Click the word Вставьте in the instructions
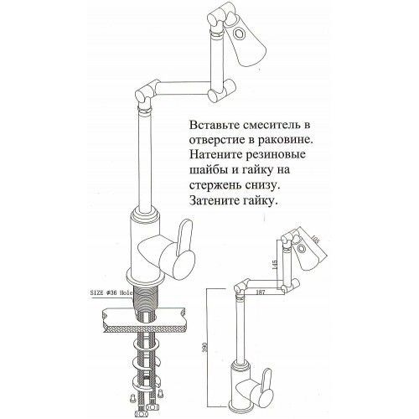click(214, 125)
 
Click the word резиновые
click(276, 155)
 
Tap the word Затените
click(213, 200)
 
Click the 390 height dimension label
click(212, 348)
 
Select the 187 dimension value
click(261, 292)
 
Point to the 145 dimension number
click(275, 265)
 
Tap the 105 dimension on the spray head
click(315, 238)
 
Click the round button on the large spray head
click(240, 34)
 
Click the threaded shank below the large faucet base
click(147, 299)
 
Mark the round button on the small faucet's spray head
click(302, 248)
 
